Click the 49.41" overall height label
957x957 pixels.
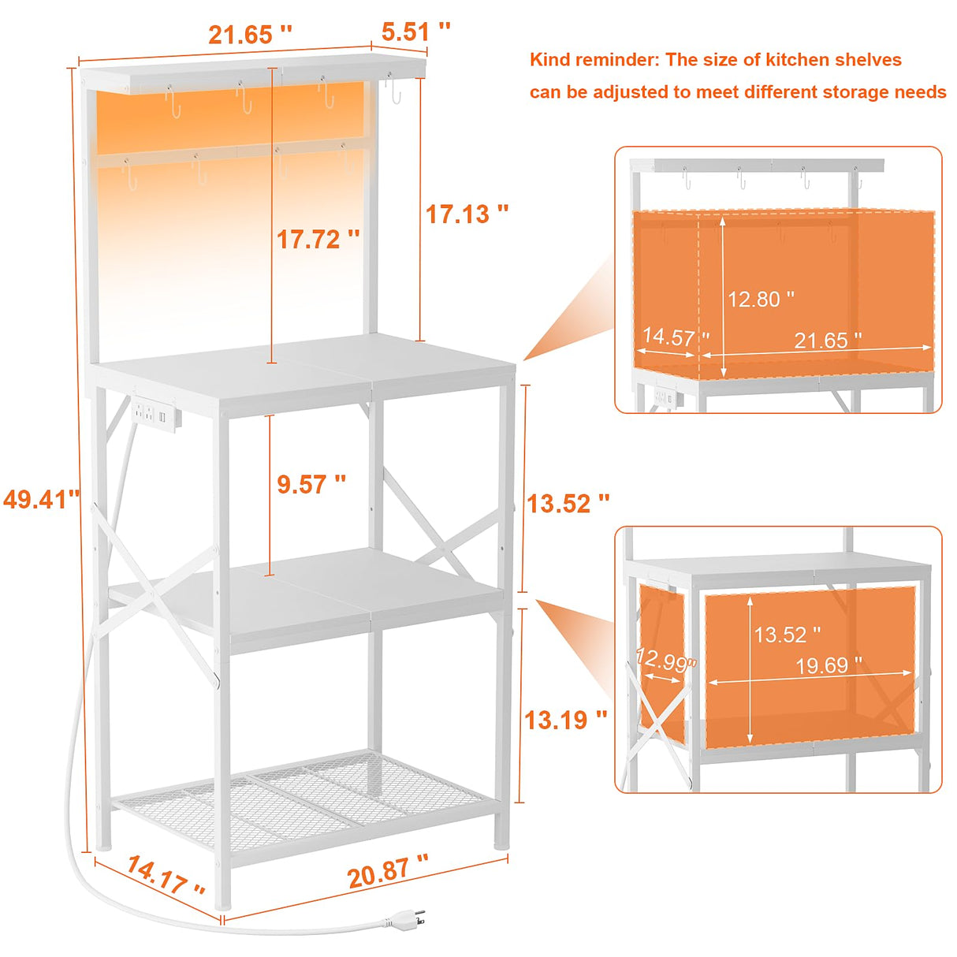point(41,499)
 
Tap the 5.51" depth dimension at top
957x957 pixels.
point(415,32)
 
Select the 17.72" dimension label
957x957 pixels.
point(318,239)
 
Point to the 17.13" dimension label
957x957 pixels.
point(467,214)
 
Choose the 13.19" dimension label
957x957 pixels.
point(565,719)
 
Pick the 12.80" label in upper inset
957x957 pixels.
point(760,300)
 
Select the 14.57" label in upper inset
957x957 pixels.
point(675,337)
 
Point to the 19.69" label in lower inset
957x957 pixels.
point(828,666)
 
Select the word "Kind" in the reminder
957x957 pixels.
point(549,60)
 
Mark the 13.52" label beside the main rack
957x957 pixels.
point(568,503)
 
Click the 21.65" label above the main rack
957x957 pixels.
point(250,35)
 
